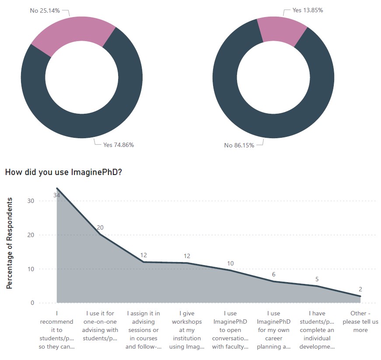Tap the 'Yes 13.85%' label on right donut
(308, 10)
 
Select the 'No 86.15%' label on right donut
(239, 145)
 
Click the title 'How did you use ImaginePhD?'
(63, 172)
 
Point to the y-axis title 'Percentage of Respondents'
(9, 243)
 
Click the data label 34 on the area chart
(56, 196)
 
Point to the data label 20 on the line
(100, 227)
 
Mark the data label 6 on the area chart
(274, 274)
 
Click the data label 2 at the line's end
(360, 289)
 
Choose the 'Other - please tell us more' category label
(360, 322)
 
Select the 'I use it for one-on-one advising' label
(100, 326)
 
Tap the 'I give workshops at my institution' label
(187, 330)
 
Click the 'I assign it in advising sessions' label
(143, 330)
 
